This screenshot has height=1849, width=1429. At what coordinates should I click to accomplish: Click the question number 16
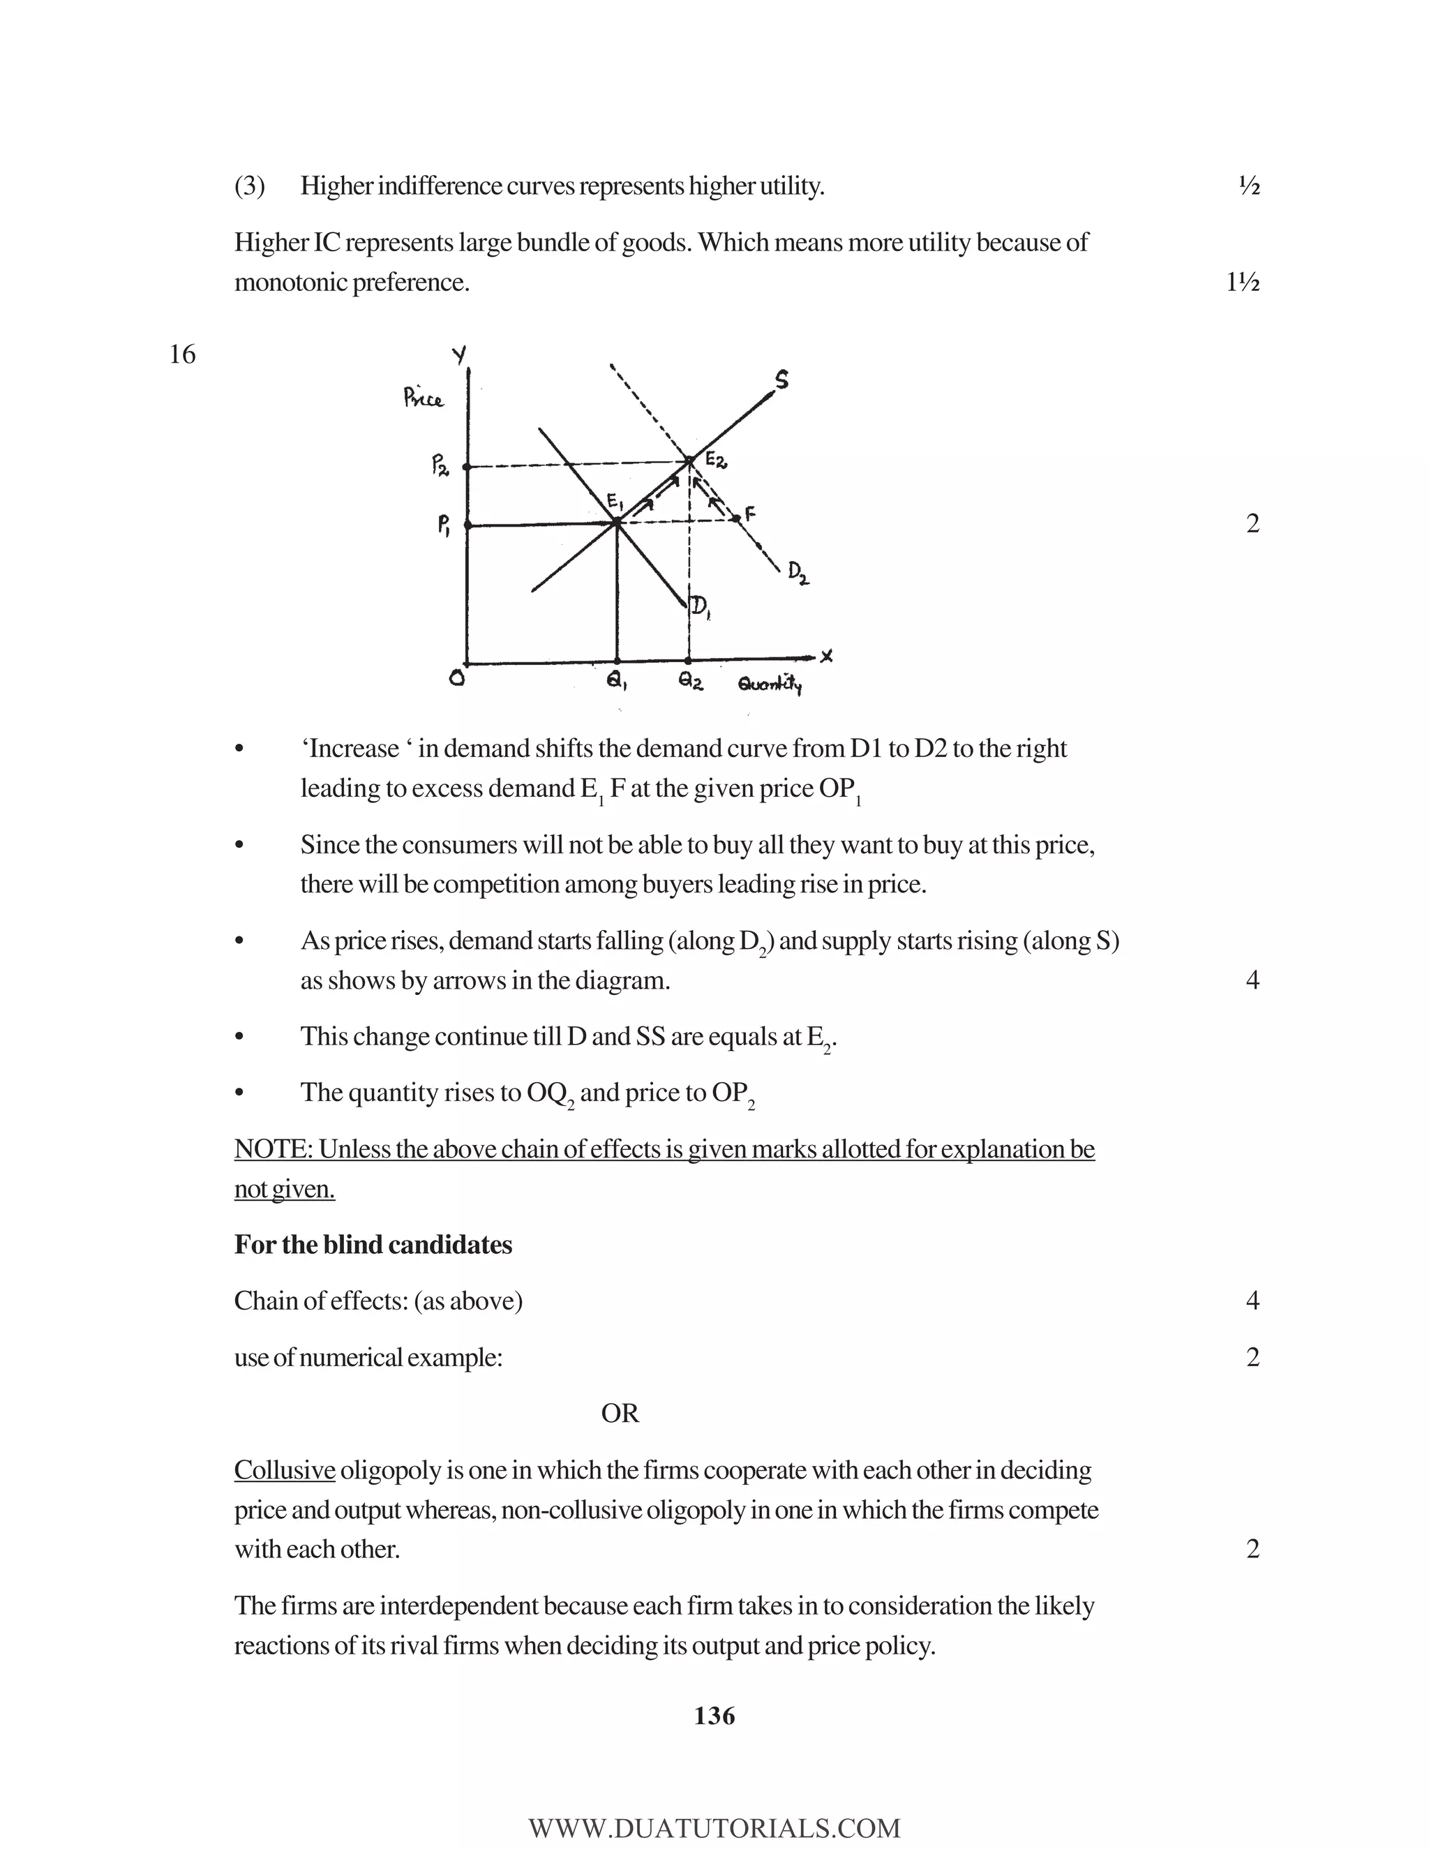[182, 354]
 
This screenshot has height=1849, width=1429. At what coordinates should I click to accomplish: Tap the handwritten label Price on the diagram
[424, 397]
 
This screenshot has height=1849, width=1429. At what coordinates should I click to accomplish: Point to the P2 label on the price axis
[440, 465]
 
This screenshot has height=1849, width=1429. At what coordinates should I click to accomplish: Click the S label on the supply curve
[781, 380]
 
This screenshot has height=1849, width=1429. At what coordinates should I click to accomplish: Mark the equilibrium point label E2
[715, 461]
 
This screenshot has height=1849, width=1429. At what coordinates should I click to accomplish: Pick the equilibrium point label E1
[615, 502]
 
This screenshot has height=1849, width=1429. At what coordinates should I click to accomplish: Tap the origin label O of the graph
[457, 679]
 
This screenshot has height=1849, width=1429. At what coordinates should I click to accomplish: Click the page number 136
[714, 1716]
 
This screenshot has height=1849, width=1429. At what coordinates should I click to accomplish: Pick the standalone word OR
[620, 1413]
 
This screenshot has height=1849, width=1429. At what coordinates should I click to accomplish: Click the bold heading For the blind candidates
[373, 1245]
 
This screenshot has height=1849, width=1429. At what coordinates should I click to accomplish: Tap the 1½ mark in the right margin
[1243, 282]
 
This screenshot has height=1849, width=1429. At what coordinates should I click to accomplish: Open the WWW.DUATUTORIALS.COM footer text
[714, 1828]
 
